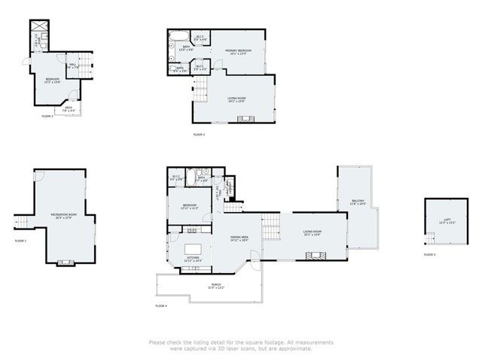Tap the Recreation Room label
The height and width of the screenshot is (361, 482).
click(x=61, y=217)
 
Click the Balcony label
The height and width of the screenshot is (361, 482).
click(x=358, y=202)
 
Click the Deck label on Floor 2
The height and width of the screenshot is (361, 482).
click(x=68, y=108)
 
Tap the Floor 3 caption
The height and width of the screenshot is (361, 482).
click(x=199, y=135)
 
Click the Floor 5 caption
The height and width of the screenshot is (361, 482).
click(x=429, y=255)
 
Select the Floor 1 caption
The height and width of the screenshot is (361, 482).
click(x=20, y=241)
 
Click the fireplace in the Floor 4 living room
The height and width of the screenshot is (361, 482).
click(x=315, y=257)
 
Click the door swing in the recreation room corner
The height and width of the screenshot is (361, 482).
click(x=94, y=218)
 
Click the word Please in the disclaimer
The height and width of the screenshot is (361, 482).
click(x=157, y=342)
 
